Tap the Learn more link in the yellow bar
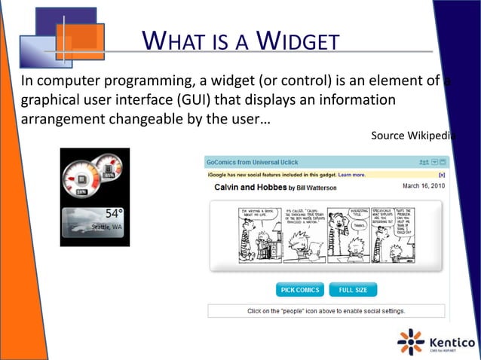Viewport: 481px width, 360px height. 351,175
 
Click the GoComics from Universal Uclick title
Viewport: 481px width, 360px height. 253,162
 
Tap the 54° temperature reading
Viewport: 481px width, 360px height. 113,214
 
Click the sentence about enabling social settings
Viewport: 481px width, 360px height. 326,310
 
